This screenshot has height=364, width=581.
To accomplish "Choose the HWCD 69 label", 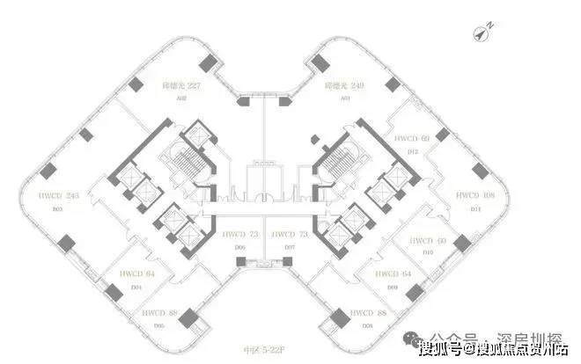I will [412, 139].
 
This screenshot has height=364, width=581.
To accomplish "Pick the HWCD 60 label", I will [428, 240].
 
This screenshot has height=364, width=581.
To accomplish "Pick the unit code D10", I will [428, 252].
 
